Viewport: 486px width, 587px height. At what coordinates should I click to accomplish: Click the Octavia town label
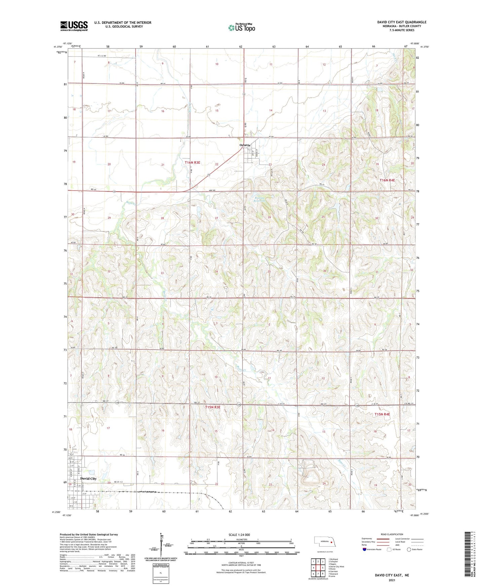(x=245, y=145)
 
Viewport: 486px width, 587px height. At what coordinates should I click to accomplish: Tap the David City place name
(x=88, y=478)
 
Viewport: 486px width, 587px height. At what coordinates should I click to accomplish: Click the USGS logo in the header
(x=74, y=26)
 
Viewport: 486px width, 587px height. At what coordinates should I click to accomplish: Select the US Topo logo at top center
(x=241, y=28)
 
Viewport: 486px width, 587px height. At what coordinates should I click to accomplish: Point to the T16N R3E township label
(x=192, y=163)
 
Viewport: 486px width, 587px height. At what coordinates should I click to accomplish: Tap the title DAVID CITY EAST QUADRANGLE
(x=402, y=22)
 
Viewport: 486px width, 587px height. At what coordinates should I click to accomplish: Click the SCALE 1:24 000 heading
(x=239, y=535)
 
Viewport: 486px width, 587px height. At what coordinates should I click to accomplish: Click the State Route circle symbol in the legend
(x=409, y=549)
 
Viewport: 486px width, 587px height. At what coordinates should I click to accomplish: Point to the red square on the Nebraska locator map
(x=331, y=542)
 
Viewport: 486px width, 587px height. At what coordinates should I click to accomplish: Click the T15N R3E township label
(x=213, y=407)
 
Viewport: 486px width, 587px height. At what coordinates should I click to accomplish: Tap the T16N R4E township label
(x=387, y=180)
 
